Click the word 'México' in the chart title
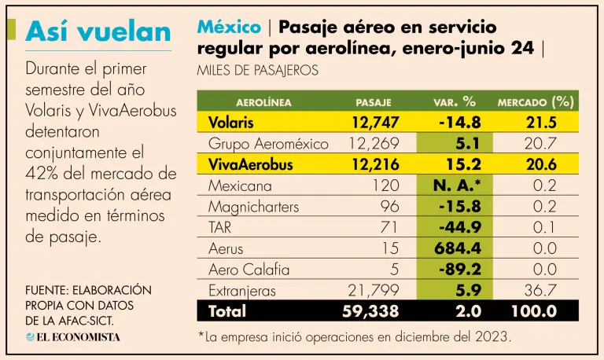pos(230,28)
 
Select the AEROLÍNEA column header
pos(263,102)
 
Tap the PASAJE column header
pos(374,102)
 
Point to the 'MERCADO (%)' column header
pos(536,102)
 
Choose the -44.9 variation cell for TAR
pos(458,228)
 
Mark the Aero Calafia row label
pos(249,270)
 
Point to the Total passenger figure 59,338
pos(373,311)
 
